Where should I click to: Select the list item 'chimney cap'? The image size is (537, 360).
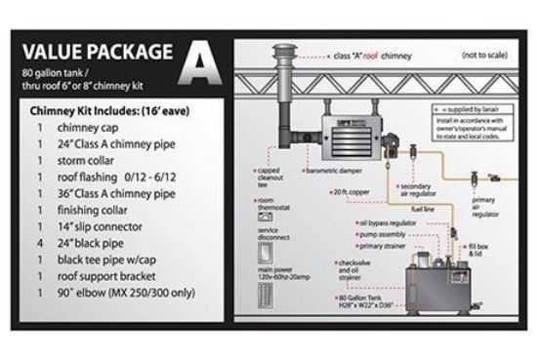point(86,127)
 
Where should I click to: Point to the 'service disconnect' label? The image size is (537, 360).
point(270,233)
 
